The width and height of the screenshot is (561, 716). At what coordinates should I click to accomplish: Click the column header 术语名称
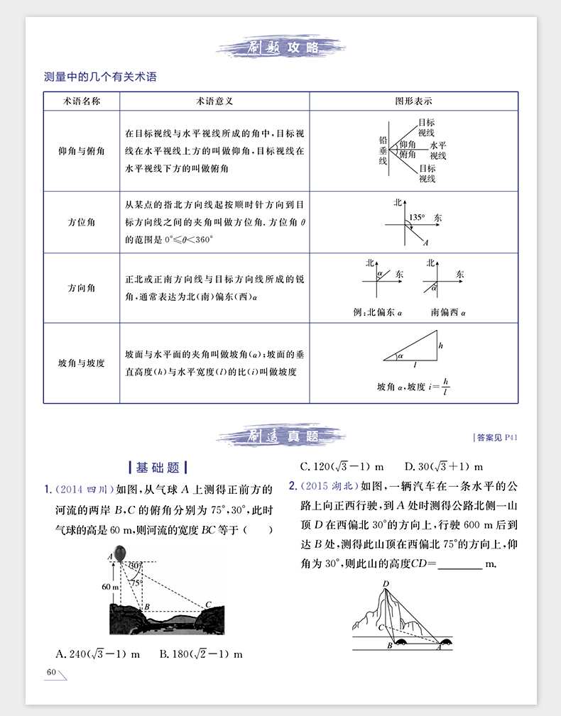[82, 101]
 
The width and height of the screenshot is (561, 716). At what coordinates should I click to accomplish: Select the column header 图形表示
[413, 101]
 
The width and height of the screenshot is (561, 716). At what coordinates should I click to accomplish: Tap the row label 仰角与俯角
[82, 151]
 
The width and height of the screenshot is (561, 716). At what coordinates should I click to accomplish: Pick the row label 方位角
[82, 221]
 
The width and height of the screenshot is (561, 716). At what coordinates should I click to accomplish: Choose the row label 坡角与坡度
[82, 363]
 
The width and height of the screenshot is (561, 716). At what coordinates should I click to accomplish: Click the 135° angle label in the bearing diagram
[417, 216]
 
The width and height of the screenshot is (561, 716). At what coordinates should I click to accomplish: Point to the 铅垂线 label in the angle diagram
[383, 151]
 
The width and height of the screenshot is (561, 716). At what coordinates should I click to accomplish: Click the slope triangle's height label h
[441, 346]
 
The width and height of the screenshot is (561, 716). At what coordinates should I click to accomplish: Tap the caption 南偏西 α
[448, 312]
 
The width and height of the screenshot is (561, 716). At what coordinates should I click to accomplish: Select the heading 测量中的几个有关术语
[99, 77]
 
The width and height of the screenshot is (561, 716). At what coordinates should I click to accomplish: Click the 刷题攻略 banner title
[280, 48]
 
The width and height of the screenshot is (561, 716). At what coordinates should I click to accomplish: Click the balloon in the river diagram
[120, 551]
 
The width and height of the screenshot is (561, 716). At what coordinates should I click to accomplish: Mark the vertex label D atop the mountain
[386, 583]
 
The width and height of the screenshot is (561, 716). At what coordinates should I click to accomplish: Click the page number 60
[51, 672]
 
